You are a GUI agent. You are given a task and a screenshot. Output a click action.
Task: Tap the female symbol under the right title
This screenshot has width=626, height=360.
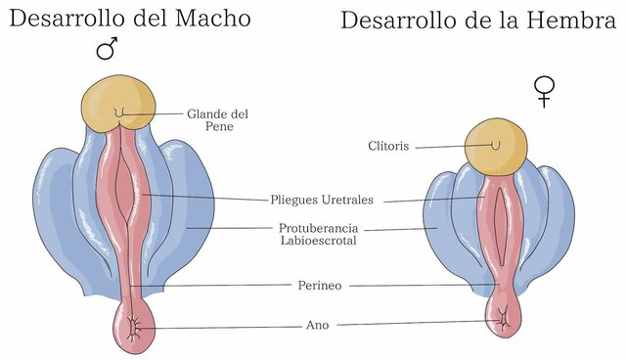tap(543, 91)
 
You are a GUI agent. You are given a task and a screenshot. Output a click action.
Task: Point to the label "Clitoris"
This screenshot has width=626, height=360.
tap(388, 148)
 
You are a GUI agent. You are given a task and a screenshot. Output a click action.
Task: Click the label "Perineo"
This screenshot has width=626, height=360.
tap(319, 286)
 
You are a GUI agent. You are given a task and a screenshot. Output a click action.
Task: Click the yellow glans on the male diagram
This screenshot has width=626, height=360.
tap(118, 103)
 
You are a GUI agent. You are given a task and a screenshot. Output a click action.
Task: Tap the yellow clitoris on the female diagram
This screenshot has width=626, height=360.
tap(495, 146)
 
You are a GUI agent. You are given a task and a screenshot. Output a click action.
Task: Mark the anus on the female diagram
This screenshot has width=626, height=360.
tap(505, 316)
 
